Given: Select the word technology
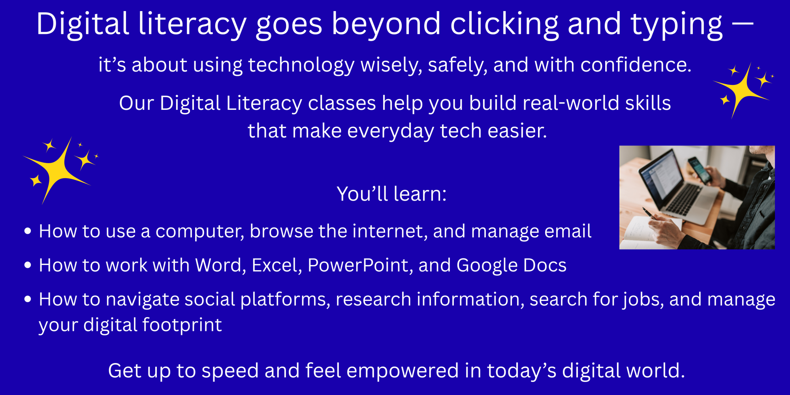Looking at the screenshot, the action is (x=301, y=66).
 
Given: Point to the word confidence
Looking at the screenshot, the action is (x=636, y=65).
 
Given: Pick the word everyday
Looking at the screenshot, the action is (x=391, y=132).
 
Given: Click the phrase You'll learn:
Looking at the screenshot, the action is (x=391, y=194).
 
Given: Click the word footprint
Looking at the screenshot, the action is (x=182, y=325).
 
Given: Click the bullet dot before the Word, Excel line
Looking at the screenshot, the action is (x=28, y=265).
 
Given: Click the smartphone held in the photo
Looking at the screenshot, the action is (x=700, y=170).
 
